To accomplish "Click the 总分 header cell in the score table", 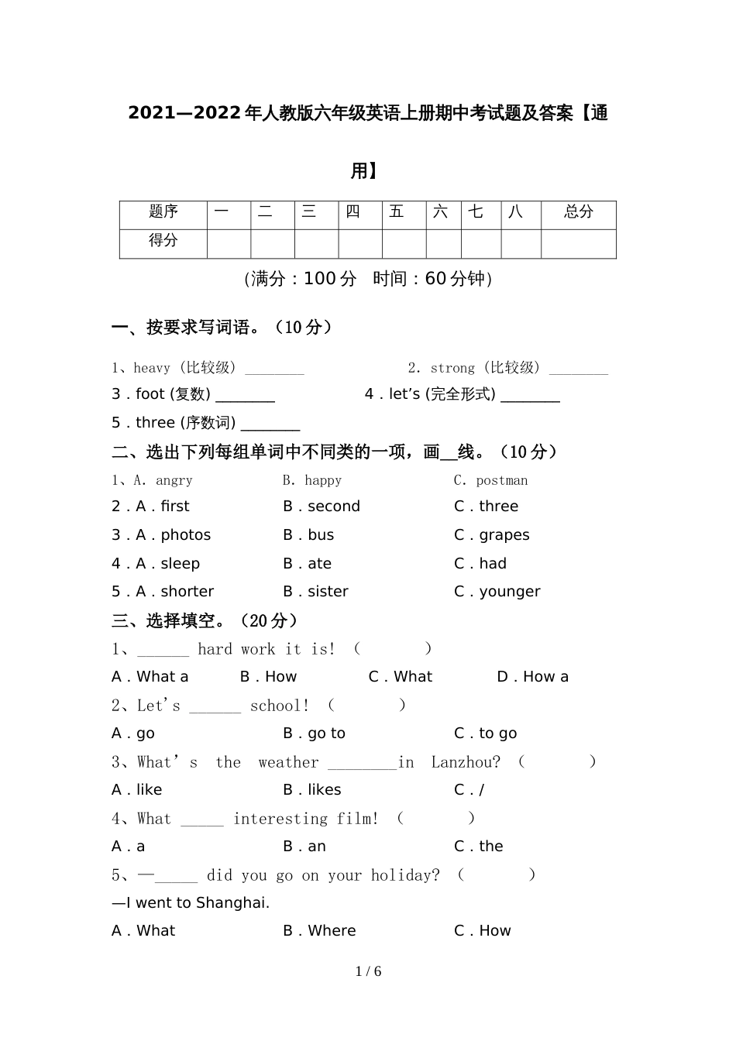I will [x=578, y=212].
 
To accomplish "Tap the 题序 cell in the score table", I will [x=163, y=212].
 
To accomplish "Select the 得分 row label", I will [x=163, y=241].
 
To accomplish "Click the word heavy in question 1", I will [x=152, y=369].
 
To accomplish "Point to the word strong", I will [x=452, y=369].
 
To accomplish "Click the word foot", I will [x=150, y=394].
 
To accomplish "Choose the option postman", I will [x=501, y=481].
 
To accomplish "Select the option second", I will [x=333, y=507].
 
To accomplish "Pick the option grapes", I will [x=504, y=535].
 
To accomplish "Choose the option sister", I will [x=328, y=592].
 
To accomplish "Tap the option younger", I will [x=509, y=593].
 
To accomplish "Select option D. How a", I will [x=532, y=677].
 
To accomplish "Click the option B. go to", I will [x=315, y=734].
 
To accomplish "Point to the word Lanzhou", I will [x=465, y=762].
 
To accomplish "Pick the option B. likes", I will [x=312, y=790].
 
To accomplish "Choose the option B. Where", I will [x=319, y=931].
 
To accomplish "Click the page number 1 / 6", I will [x=368, y=972].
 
